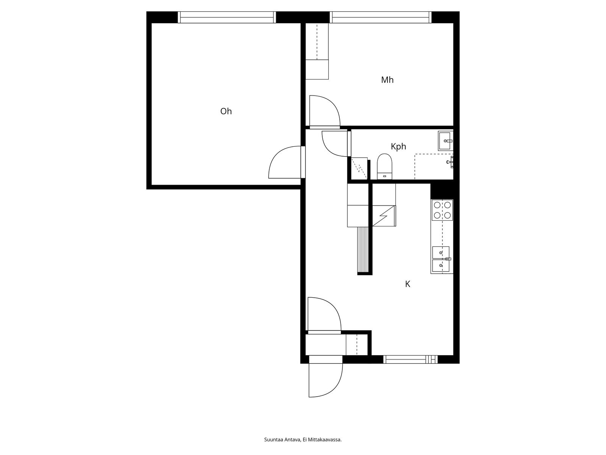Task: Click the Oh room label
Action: [x=226, y=111]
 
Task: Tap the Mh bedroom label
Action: [x=387, y=80]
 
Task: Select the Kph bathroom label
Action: [x=398, y=146]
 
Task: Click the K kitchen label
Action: [x=408, y=284]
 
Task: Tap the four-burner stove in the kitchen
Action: [x=442, y=210]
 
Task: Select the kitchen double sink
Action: [x=441, y=259]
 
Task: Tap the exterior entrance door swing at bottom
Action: [x=325, y=379]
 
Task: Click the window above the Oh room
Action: [x=226, y=17]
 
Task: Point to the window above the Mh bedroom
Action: [x=381, y=17]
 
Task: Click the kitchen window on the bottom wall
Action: [x=410, y=359]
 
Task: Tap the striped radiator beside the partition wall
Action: [x=363, y=249]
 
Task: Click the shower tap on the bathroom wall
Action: [x=450, y=162]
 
